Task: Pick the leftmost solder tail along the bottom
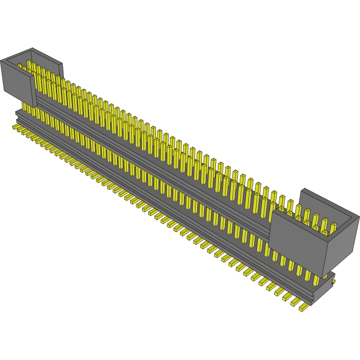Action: click(15, 126)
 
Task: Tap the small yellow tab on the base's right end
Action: click(334, 282)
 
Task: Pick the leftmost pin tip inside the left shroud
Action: click(20, 67)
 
